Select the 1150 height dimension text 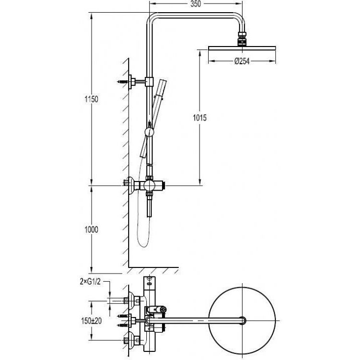pos(91,99)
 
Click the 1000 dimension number pos(91,229)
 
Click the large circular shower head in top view pos(245,320)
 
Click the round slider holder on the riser pos(149,132)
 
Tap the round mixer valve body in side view pos(149,186)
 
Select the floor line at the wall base pos(154,266)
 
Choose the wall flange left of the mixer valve pos(131,185)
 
